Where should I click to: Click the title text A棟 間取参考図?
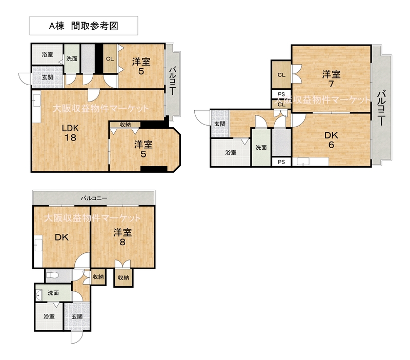pyautogui.click(x=84, y=26)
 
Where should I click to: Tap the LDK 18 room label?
pyautogui.click(x=70, y=133)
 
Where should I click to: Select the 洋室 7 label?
pyautogui.click(x=331, y=79)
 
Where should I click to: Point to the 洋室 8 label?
pyautogui.click(x=122, y=237)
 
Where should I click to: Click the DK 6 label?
pyautogui.click(x=331, y=140)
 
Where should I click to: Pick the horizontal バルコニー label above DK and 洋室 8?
pyautogui.click(x=94, y=198)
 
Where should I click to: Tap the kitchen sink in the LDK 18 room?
pyautogui.click(x=37, y=100)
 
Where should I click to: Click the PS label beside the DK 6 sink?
pyautogui.click(x=281, y=162)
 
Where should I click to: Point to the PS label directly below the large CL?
pyautogui.click(x=281, y=94)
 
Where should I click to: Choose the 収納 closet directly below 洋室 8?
pyautogui.click(x=123, y=277)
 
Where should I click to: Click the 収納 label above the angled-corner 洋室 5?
pyautogui.click(x=125, y=125)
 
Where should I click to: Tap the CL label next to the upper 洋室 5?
pyautogui.click(x=110, y=59)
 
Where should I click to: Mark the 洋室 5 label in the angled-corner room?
pyautogui.click(x=143, y=149)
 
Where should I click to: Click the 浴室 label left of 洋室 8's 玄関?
pyautogui.click(x=49, y=316)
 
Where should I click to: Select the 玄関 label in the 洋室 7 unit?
pyautogui.click(x=220, y=124)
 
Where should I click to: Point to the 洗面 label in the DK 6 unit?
pyautogui.click(x=261, y=148)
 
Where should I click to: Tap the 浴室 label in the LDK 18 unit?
pyautogui.click(x=47, y=54)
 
